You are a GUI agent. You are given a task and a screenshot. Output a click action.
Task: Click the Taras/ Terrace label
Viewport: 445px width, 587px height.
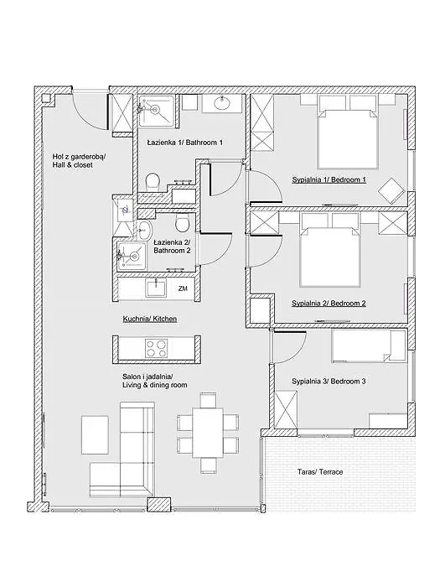(x=320, y=472)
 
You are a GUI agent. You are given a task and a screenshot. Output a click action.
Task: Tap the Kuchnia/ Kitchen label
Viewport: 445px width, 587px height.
(x=150, y=319)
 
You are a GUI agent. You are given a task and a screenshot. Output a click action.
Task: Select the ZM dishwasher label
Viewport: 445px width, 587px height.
(x=183, y=288)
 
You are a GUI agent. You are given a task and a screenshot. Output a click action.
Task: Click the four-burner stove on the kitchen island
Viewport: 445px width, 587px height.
(x=156, y=348)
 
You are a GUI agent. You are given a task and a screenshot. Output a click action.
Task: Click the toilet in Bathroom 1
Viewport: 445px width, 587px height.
(x=153, y=182)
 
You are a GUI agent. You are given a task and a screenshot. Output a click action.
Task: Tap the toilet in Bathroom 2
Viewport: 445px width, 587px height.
(x=183, y=223)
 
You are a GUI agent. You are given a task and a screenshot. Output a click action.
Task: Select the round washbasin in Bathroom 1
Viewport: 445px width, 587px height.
(x=222, y=102)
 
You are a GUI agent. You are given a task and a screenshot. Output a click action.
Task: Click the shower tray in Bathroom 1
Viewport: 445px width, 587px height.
(x=157, y=111)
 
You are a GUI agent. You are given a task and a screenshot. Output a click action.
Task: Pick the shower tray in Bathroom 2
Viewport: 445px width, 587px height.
(x=131, y=256)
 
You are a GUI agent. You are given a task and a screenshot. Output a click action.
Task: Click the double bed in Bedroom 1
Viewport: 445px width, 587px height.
(x=347, y=132)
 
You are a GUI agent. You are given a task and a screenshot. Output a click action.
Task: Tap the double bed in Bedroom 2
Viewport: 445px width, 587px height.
(x=330, y=250)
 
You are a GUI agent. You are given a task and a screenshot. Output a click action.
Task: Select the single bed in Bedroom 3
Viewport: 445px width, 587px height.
(x=369, y=345)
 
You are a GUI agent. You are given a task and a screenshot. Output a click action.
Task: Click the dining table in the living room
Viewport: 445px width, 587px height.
(x=208, y=433)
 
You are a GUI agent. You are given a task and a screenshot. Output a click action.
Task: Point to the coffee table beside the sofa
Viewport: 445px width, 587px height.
(x=95, y=434)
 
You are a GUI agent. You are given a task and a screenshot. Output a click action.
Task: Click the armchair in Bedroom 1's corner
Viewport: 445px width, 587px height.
(x=391, y=190)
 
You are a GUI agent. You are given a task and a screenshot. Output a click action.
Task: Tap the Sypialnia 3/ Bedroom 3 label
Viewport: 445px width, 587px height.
(x=329, y=382)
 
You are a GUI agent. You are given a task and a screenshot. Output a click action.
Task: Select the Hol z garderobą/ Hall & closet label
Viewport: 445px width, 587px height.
(x=79, y=161)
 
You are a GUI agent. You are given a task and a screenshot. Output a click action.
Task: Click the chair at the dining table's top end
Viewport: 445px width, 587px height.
(x=208, y=400)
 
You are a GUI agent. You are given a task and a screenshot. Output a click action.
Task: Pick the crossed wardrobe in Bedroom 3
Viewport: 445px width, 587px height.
(x=286, y=409)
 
